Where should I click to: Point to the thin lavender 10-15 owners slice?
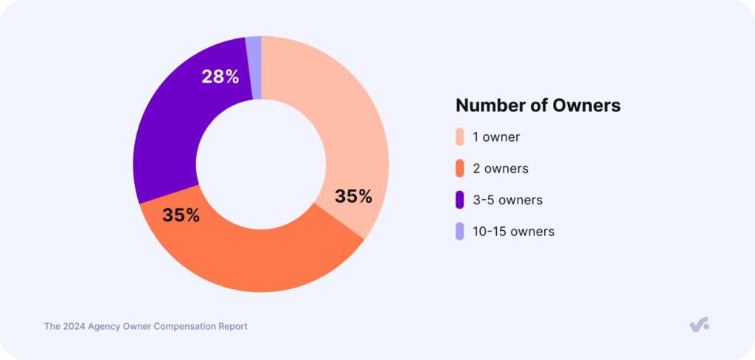point(254,66)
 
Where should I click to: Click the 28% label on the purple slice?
point(220,76)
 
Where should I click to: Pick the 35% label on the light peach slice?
point(353,196)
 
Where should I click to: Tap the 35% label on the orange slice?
point(181,215)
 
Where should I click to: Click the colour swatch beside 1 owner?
point(460,137)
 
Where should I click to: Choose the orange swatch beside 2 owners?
point(460,168)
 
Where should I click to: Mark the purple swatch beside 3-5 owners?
point(460,199)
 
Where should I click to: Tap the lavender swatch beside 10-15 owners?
point(460,231)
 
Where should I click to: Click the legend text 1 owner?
point(496,137)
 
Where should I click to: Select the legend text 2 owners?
point(501,168)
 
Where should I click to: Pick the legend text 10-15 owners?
point(513,231)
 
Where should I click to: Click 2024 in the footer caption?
point(77,325)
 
